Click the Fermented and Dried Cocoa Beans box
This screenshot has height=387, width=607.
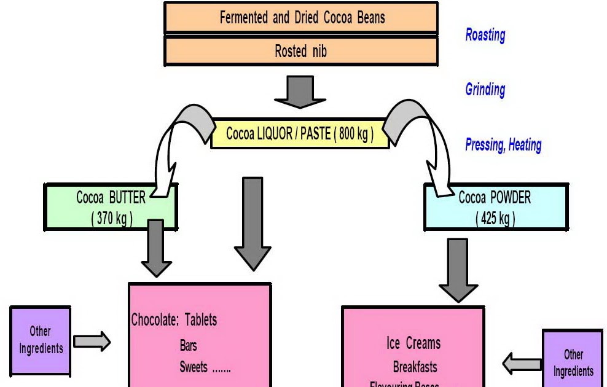pyautogui.click(x=301, y=17)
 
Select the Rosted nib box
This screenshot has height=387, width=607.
pyautogui.click(x=301, y=51)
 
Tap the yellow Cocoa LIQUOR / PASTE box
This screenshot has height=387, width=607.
pyautogui.click(x=300, y=134)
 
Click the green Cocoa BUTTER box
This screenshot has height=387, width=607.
pyautogui.click(x=111, y=208)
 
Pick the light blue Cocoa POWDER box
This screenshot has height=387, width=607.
pyautogui.click(x=495, y=208)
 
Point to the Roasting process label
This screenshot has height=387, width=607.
pyautogui.click(x=485, y=35)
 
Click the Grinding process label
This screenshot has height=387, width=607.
pyautogui.click(x=485, y=90)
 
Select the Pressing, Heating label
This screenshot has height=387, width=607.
pyautogui.click(x=503, y=146)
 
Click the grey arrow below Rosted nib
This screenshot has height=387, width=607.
pyautogui.click(x=300, y=92)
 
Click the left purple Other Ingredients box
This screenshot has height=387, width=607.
pyautogui.click(x=41, y=340)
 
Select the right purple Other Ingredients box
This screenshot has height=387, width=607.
pyautogui.click(x=573, y=362)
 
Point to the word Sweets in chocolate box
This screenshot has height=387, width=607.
pyautogui.click(x=194, y=367)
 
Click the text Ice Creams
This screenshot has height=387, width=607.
pyautogui.click(x=413, y=343)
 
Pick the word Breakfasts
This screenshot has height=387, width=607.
pyautogui.click(x=415, y=367)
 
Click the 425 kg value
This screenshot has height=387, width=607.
pyautogui.click(x=495, y=218)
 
